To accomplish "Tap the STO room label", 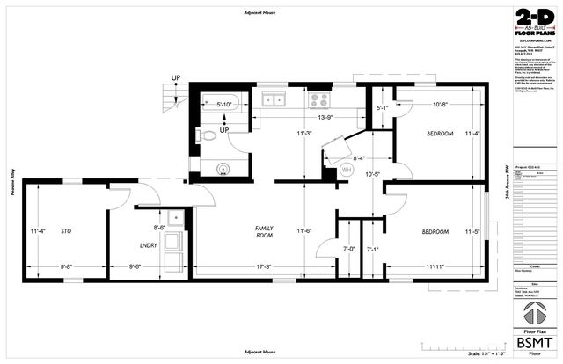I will pyautogui.click(x=65, y=233).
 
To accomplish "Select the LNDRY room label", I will pyautogui.click(x=147, y=245).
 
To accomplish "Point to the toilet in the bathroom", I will pyautogui.click(x=205, y=136).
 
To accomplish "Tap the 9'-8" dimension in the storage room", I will pyautogui.click(x=69, y=266).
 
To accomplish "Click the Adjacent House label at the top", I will pyautogui.click(x=262, y=12).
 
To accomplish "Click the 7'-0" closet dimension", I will pyautogui.click(x=347, y=249).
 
